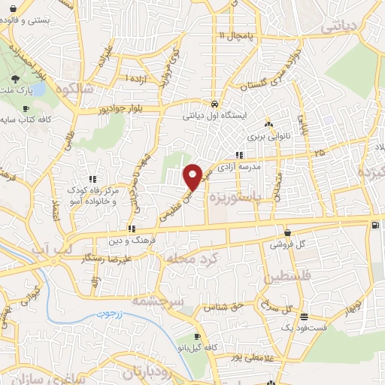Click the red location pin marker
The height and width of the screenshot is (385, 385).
point(193,176)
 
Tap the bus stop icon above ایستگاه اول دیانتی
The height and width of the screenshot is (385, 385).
point(215,104)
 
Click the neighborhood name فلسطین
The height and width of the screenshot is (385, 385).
point(283,278)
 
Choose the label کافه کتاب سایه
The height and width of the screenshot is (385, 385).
point(25,120)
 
